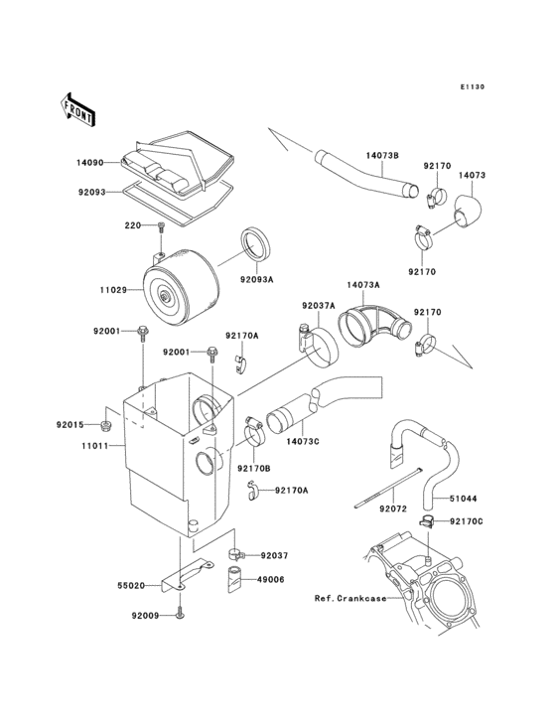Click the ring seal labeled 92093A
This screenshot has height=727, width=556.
(256, 246)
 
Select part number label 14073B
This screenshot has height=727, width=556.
(382, 156)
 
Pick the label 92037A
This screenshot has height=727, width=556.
(318, 308)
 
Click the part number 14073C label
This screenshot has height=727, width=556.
(302, 441)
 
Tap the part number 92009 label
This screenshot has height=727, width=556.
(144, 616)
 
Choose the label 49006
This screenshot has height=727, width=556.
(273, 578)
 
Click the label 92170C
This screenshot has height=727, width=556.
(466, 521)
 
